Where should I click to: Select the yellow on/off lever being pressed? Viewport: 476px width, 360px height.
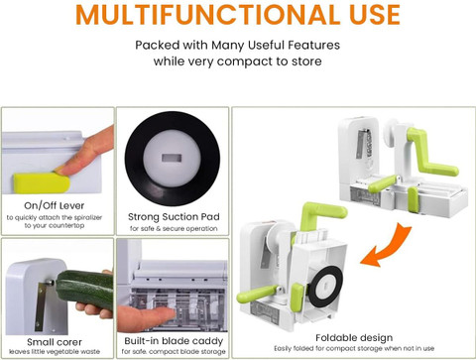coord(42,182)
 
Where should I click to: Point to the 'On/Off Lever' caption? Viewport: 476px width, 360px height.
coord(55,205)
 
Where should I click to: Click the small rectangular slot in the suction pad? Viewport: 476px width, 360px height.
coord(172,158)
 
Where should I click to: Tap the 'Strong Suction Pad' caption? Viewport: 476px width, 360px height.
coord(174,217)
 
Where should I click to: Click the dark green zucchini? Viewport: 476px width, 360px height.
coord(84,289)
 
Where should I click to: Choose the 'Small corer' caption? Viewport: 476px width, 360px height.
coord(55,342)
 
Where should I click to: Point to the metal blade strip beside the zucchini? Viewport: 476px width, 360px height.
coord(41,305)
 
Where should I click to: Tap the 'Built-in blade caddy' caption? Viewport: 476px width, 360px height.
coord(174,341)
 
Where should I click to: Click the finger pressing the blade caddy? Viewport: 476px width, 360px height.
coord(146,317)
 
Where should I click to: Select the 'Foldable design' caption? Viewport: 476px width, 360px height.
coord(354,338)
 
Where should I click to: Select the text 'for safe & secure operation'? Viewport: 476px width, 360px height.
coord(174,228)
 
